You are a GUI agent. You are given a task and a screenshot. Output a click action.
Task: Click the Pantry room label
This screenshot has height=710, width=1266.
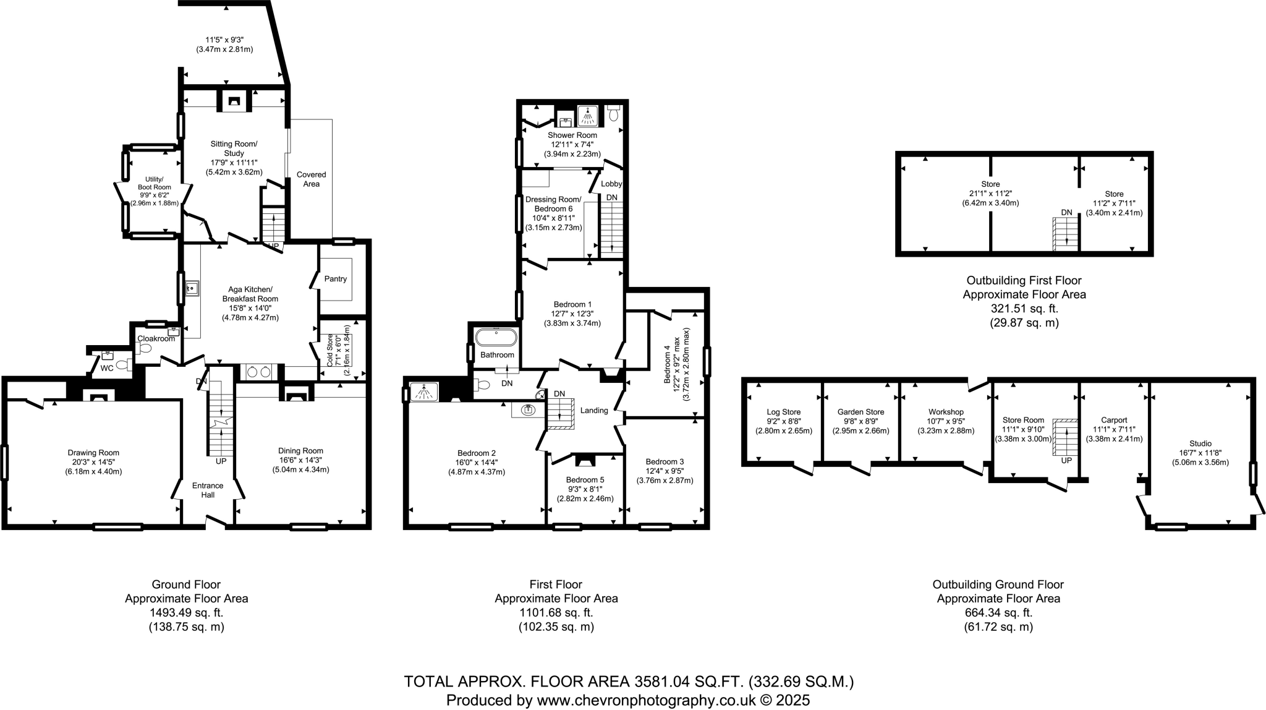click(x=336, y=279)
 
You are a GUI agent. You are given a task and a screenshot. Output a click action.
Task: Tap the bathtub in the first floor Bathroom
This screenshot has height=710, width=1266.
click(x=496, y=338)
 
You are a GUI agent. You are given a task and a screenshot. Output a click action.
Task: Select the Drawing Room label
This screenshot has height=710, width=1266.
click(x=93, y=453)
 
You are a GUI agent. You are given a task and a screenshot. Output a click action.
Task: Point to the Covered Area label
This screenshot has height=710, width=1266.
click(x=311, y=179)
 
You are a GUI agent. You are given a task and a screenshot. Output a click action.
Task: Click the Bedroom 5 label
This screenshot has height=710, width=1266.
click(x=585, y=480)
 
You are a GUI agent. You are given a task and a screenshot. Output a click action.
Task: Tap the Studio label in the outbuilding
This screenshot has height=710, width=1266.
click(x=1200, y=443)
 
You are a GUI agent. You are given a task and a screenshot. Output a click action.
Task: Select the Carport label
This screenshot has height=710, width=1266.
click(x=1114, y=420)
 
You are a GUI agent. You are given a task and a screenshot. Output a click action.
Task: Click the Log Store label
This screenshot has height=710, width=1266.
click(x=783, y=412)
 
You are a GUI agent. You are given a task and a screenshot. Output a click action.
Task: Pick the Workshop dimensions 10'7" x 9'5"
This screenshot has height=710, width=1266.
click(x=946, y=421)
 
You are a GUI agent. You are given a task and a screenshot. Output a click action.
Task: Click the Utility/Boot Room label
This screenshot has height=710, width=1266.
click(x=154, y=183)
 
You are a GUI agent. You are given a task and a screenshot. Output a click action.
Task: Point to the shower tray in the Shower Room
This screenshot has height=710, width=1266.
click(x=588, y=115)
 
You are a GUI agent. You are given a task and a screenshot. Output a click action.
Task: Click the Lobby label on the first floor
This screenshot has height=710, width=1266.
click(x=611, y=184)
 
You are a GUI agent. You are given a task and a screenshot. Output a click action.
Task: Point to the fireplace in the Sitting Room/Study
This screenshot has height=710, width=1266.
click(x=234, y=101)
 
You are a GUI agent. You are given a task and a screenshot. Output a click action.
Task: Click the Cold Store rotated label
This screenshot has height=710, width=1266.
click(x=330, y=351)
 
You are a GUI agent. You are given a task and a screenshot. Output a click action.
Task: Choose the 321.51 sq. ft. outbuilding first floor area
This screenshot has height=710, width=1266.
click(x=1024, y=309)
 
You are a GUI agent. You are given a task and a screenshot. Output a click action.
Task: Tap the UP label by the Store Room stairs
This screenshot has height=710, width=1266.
click(x=1066, y=461)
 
